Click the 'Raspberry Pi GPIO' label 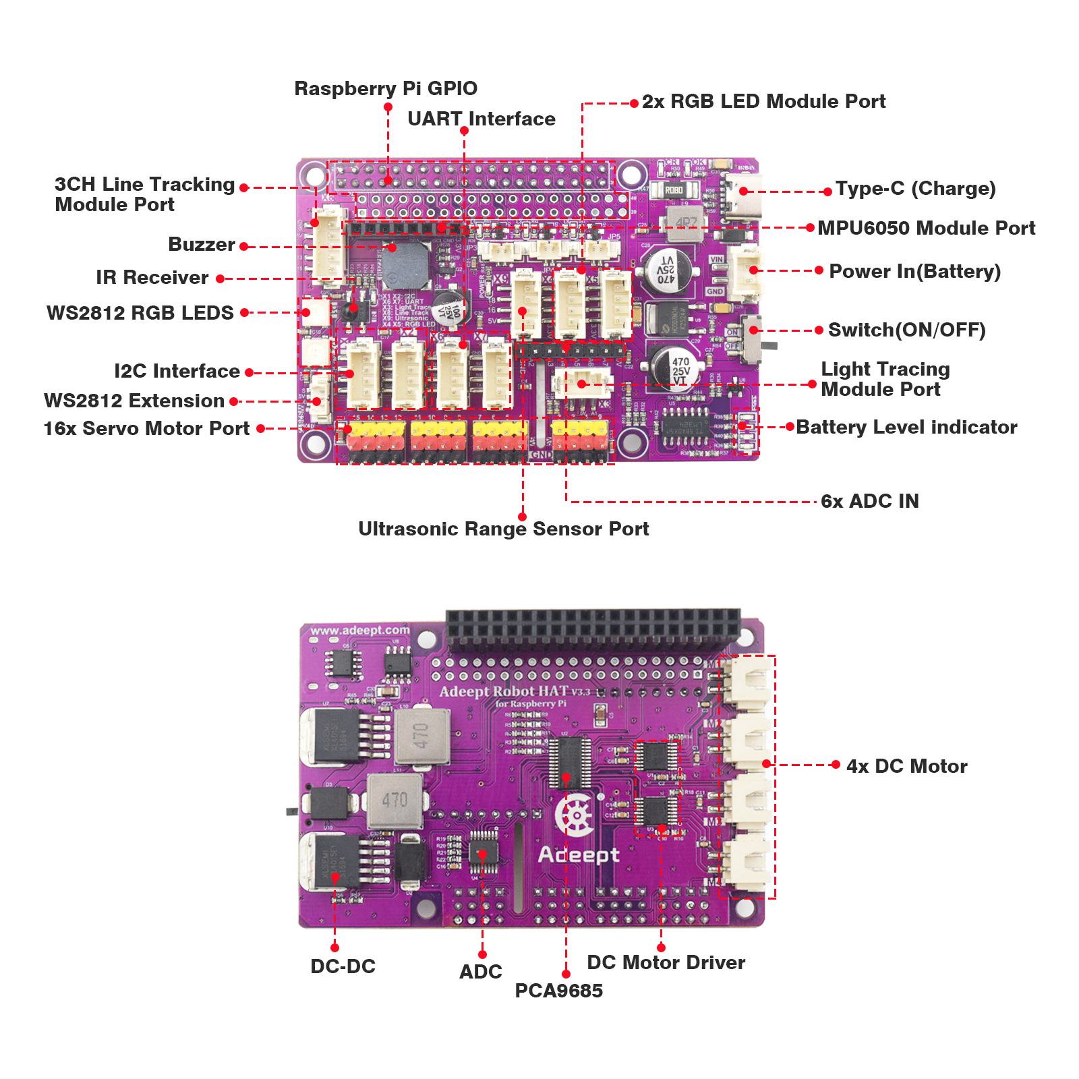point(386,88)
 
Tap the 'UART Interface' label point(482,119)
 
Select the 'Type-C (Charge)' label point(915,188)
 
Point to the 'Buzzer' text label point(202,244)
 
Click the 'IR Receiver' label point(152,277)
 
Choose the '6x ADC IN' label point(870,501)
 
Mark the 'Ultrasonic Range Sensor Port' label point(503,529)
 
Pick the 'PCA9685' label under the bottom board point(558,991)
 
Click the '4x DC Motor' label point(906,766)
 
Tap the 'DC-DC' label point(343,966)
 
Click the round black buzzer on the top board point(407,264)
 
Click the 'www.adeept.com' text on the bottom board point(359,631)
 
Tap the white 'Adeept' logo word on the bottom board point(579,855)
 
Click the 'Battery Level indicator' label point(906,427)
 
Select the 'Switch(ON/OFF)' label point(906,330)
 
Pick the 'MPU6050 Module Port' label point(926,228)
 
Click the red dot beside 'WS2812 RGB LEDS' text point(244,312)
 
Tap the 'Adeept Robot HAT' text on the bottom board point(504,691)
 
